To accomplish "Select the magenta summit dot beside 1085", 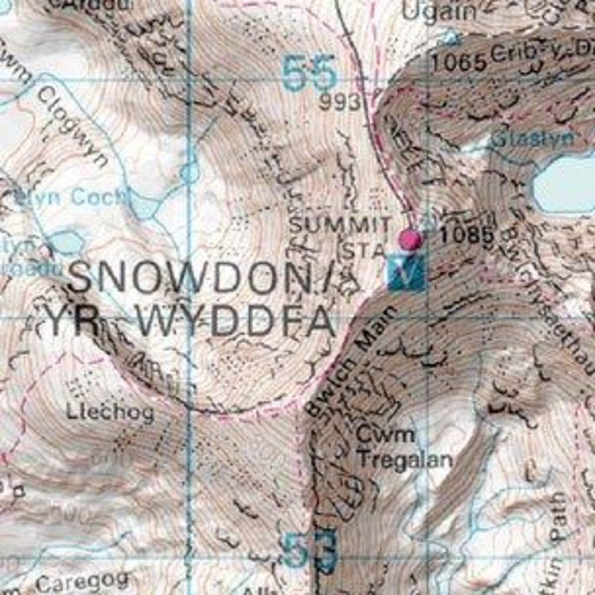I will (x=410, y=240).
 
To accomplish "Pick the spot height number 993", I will (x=340, y=103).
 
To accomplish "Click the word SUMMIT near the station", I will (x=339, y=225).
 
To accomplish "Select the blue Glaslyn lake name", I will (x=532, y=139).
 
